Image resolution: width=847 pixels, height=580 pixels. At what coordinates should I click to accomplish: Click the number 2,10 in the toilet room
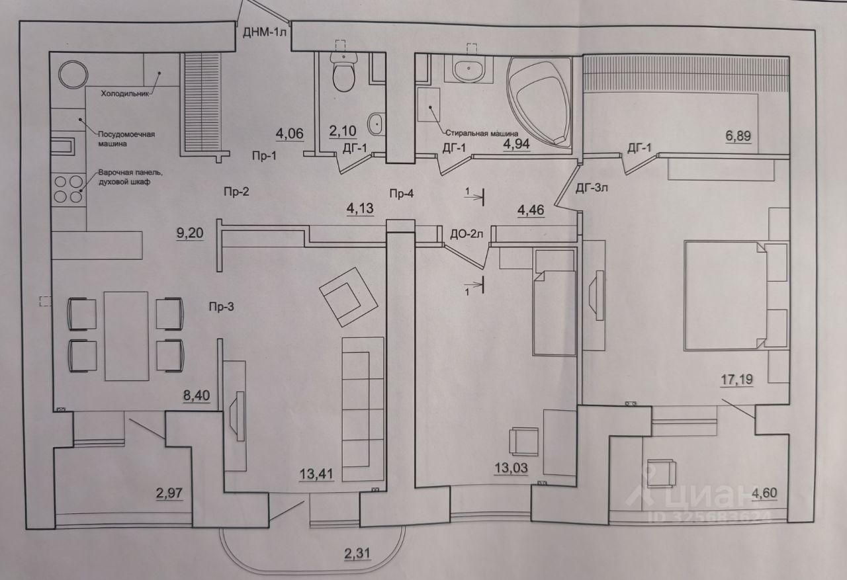coord(343,130)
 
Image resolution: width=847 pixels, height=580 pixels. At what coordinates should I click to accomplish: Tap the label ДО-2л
coord(465,233)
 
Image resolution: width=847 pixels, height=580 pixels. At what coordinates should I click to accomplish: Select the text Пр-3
coord(221,306)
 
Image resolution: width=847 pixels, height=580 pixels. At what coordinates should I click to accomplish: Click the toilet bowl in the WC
coord(344,73)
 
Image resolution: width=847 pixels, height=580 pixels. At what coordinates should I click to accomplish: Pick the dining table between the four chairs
coord(126,335)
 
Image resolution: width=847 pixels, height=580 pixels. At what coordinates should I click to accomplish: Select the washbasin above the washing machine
coord(470,68)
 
